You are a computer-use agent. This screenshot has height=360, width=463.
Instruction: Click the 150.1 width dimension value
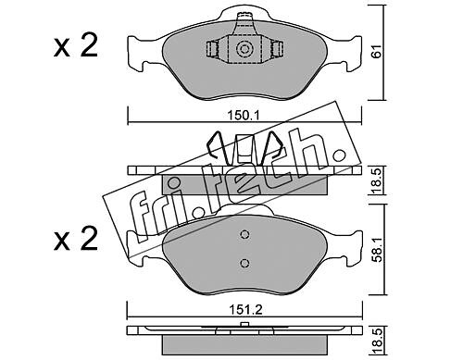coord(244,116)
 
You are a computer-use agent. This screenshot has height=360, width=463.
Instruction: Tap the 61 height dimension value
coord(377,51)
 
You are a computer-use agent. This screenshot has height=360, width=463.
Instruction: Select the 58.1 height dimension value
coord(377,250)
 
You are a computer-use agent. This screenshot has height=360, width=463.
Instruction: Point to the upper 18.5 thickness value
coord(377,180)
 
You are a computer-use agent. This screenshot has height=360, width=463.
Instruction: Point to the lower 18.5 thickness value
coord(377,342)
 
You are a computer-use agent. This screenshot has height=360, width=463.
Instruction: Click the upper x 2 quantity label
coord(76,45)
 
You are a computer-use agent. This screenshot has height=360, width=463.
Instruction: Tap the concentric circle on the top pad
coord(244,49)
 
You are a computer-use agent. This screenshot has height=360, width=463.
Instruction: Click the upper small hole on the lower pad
coord(244,234)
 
